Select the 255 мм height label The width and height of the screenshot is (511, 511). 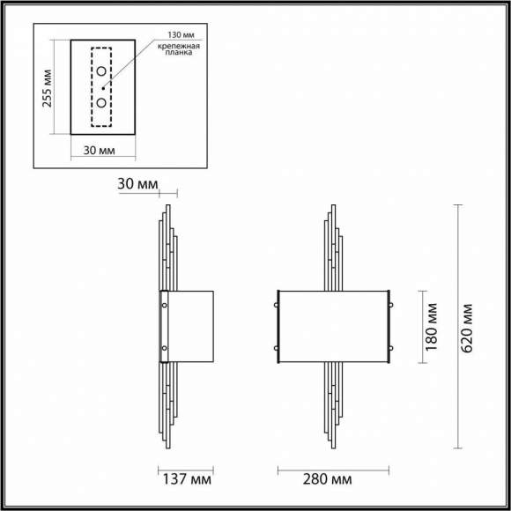[x=48, y=86]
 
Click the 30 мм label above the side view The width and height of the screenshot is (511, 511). [x=137, y=184]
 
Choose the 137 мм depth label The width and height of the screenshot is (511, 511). [x=187, y=480]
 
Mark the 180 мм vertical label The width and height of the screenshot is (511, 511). [x=432, y=326]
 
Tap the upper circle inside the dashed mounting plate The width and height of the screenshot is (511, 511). [x=102, y=70]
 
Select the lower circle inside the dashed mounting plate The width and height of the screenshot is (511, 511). [x=102, y=103]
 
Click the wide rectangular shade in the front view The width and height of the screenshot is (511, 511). [x=335, y=326]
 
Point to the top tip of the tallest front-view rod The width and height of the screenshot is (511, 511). [x=332, y=207]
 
